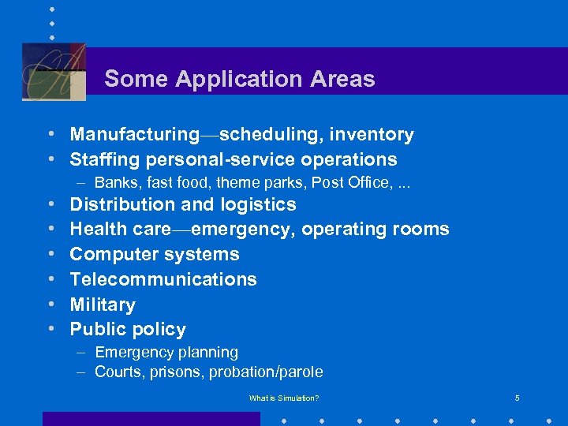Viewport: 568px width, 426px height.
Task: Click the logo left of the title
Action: [54, 72]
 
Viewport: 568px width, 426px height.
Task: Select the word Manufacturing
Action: [135, 135]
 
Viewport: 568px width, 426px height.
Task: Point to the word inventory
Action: [373, 135]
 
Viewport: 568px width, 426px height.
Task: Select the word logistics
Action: [260, 204]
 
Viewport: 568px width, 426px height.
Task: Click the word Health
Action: [96, 230]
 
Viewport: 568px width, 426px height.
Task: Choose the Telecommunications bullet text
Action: [163, 279]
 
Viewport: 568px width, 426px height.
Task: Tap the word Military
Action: [103, 305]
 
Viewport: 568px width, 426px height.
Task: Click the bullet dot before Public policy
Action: [50, 329]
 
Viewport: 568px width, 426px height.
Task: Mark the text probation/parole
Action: [266, 372]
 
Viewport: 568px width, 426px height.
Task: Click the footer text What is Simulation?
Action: [284, 398]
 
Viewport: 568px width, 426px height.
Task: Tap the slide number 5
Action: [517, 398]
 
